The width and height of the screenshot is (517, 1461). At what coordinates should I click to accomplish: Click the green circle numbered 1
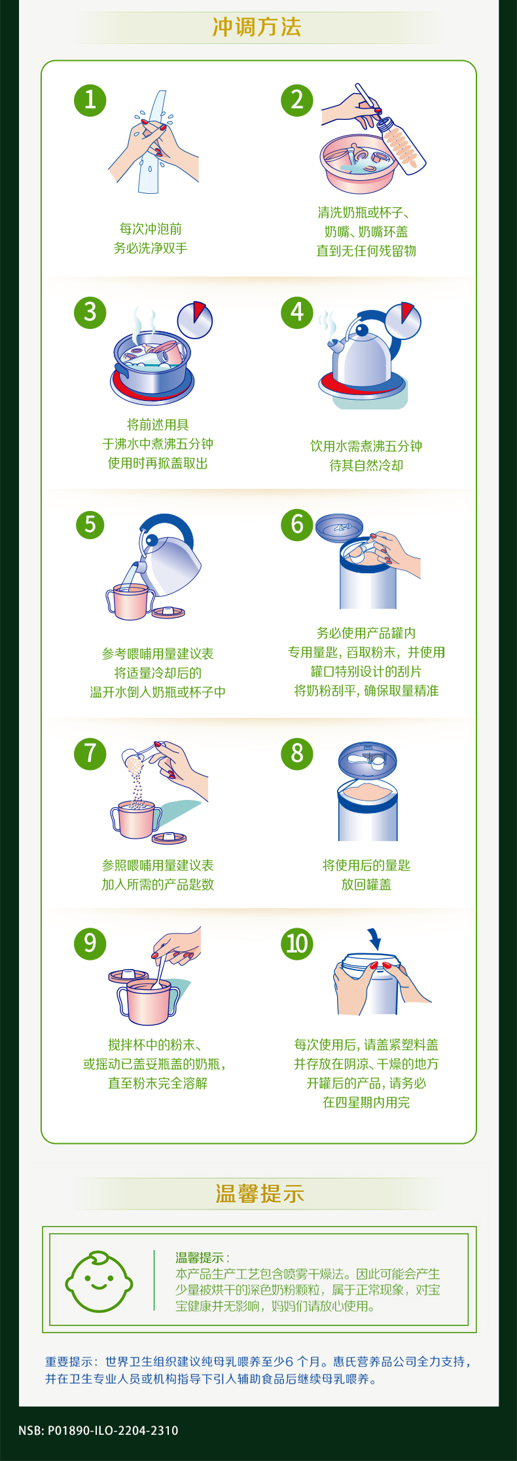tap(90, 100)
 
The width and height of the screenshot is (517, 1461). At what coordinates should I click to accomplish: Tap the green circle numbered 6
tap(297, 525)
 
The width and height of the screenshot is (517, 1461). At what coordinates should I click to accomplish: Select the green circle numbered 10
tap(297, 944)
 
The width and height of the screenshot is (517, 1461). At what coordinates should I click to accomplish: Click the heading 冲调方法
tap(257, 27)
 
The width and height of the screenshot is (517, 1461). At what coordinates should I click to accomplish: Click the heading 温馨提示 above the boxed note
tap(260, 1193)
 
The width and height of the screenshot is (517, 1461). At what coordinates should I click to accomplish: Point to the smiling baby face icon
tap(99, 1281)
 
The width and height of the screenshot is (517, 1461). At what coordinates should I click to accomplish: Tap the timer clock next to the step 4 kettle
tap(402, 320)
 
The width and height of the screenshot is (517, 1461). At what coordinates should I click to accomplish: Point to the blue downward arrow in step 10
tap(374, 939)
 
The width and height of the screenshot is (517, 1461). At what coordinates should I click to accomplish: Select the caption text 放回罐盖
tap(366, 884)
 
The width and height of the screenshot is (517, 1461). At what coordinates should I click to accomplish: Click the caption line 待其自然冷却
tap(366, 465)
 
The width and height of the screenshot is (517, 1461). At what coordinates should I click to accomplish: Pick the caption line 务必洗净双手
tap(151, 248)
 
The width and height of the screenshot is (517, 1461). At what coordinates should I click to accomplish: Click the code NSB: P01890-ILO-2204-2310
tap(98, 1430)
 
